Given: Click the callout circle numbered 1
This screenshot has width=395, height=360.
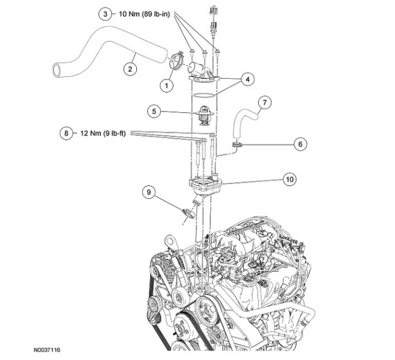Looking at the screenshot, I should tap(167, 84).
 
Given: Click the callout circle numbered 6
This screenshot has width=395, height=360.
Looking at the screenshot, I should tap(300, 144).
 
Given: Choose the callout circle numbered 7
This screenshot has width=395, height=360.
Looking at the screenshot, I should tap(265, 102).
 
